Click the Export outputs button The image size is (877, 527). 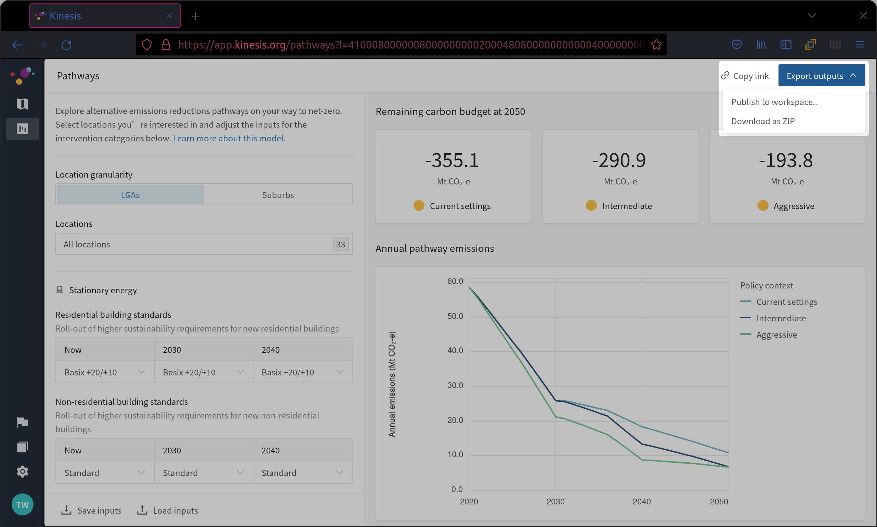point(821,76)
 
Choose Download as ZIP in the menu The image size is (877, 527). point(763,121)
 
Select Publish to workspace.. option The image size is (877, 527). point(774,102)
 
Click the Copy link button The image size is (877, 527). point(745,76)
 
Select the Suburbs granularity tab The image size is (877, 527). point(278,195)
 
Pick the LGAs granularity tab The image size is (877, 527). point(130,195)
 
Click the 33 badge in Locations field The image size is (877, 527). point(341,244)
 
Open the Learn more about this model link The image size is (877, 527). point(229,138)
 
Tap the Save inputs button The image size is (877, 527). point(91,510)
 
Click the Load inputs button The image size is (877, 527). point(168,510)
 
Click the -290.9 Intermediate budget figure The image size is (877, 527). point(619,160)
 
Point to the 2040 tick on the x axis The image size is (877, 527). point(642,501)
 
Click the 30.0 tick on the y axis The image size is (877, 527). point(455,385)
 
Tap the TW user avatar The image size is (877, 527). point(22,505)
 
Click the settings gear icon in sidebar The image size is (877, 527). point(22,472)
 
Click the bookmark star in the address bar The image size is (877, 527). point(656,45)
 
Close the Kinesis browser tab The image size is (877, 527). point(170,16)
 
